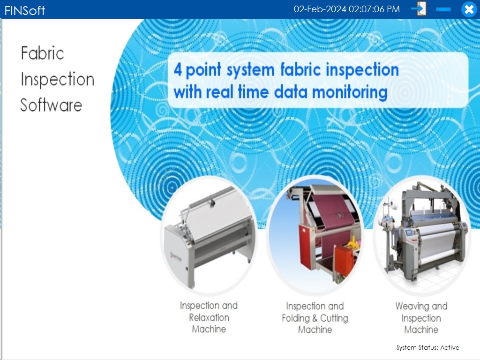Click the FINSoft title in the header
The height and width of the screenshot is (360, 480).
[25, 11]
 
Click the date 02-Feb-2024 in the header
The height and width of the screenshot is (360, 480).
[320, 9]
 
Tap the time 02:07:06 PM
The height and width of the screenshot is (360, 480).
[374, 9]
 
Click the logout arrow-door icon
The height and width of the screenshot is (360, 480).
[419, 9]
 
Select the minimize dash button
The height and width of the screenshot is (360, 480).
[443, 9]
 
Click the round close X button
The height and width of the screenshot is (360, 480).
[469, 9]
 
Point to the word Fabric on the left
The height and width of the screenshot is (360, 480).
[42, 53]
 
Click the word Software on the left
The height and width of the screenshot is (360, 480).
[51, 105]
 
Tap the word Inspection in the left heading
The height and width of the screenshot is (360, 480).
[58, 80]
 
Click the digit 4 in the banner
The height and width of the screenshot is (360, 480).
[178, 69]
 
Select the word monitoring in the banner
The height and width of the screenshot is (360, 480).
[350, 92]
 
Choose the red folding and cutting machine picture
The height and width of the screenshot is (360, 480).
[315, 235]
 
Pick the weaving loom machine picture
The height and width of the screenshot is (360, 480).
[422, 235]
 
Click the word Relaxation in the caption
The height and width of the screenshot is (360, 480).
[209, 317]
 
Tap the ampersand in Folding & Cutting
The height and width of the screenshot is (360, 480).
[315, 318]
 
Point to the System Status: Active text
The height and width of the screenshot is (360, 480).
[427, 347]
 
